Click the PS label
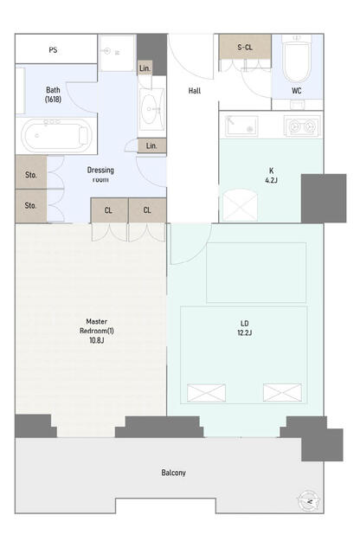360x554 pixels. [53, 50]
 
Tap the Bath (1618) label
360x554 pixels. [53, 94]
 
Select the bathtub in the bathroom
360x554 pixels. [56, 136]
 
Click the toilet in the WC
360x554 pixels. [297, 60]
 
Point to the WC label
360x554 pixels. [297, 90]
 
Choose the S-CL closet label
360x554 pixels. [245, 47]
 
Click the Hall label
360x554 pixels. [195, 91]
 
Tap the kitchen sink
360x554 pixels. [241, 126]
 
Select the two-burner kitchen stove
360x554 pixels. [302, 126]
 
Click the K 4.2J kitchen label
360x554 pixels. [272, 175]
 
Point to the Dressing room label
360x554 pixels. [100, 175]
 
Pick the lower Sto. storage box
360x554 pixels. [31, 206]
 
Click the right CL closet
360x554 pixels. [147, 210]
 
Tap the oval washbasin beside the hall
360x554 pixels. [151, 109]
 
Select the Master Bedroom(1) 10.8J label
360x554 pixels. [97, 331]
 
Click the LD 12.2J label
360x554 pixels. [245, 328]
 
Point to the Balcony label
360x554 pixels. [173, 473]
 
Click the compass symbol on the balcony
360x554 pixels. [309, 500]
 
